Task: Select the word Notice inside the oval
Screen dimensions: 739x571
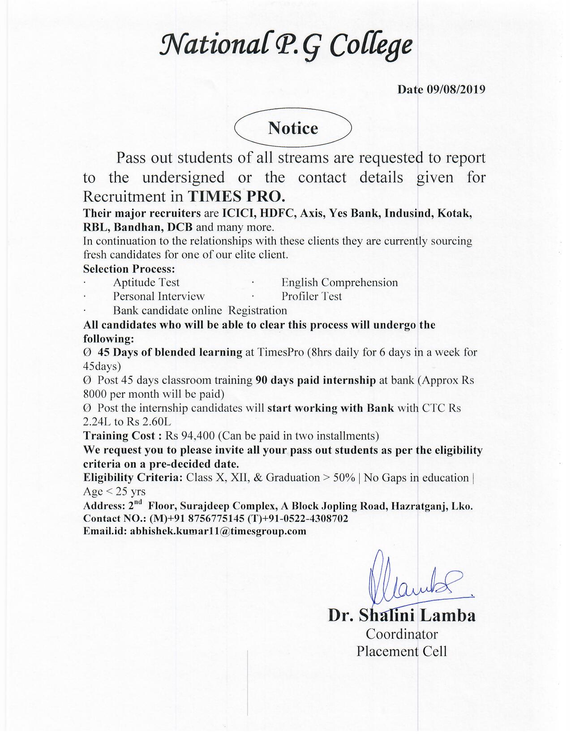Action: (x=293, y=128)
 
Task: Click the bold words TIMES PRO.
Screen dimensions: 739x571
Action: (x=236, y=197)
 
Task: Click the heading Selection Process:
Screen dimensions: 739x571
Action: (x=129, y=269)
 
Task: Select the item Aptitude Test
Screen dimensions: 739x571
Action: (x=146, y=283)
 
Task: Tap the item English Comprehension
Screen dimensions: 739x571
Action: (x=339, y=283)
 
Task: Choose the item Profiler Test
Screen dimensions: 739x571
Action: (x=311, y=296)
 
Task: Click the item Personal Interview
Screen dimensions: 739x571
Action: (x=159, y=296)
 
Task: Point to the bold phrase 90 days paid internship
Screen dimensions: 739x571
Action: (x=315, y=380)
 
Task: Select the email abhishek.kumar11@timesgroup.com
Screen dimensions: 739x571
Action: (x=218, y=532)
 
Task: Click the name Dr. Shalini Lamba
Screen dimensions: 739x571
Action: (x=402, y=615)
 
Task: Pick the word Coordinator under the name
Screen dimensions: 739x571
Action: (x=402, y=634)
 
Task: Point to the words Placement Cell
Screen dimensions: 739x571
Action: (x=402, y=651)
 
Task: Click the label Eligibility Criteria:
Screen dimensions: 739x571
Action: (x=133, y=477)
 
